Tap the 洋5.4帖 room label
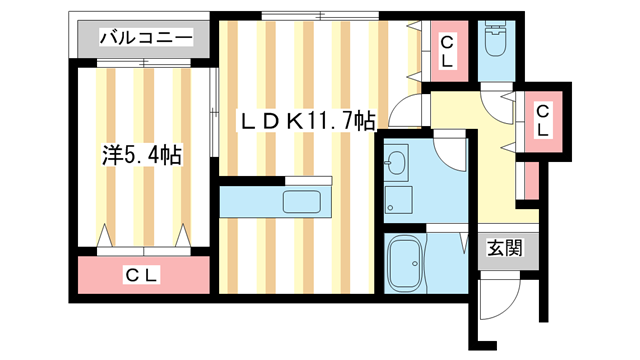click(141, 155)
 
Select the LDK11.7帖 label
click(306, 122)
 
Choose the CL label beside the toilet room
click(446, 51)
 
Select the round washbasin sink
click(396, 161)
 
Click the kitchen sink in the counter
click(305, 201)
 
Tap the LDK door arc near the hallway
click(404, 110)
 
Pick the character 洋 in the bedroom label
click(111, 155)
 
